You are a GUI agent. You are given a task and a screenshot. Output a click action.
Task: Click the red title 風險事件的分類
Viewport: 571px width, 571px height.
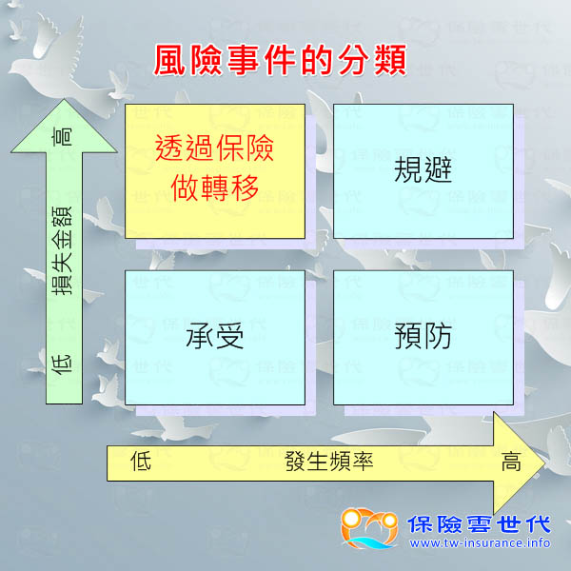[281, 60]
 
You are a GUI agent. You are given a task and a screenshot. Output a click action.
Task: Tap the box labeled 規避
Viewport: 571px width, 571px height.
[423, 171]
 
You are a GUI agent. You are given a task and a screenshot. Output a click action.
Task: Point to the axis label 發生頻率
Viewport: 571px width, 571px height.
[328, 463]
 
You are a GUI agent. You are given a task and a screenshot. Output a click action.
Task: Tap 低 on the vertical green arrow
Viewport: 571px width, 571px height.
[65, 366]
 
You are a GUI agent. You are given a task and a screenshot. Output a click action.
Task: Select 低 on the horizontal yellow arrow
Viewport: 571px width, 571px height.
[141, 463]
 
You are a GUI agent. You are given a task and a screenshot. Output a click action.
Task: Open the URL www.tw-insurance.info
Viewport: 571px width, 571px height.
[480, 543]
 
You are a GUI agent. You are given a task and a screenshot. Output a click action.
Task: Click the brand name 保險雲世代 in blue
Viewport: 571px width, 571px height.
[479, 523]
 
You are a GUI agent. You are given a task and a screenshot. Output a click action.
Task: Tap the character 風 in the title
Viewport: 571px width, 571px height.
[171, 60]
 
